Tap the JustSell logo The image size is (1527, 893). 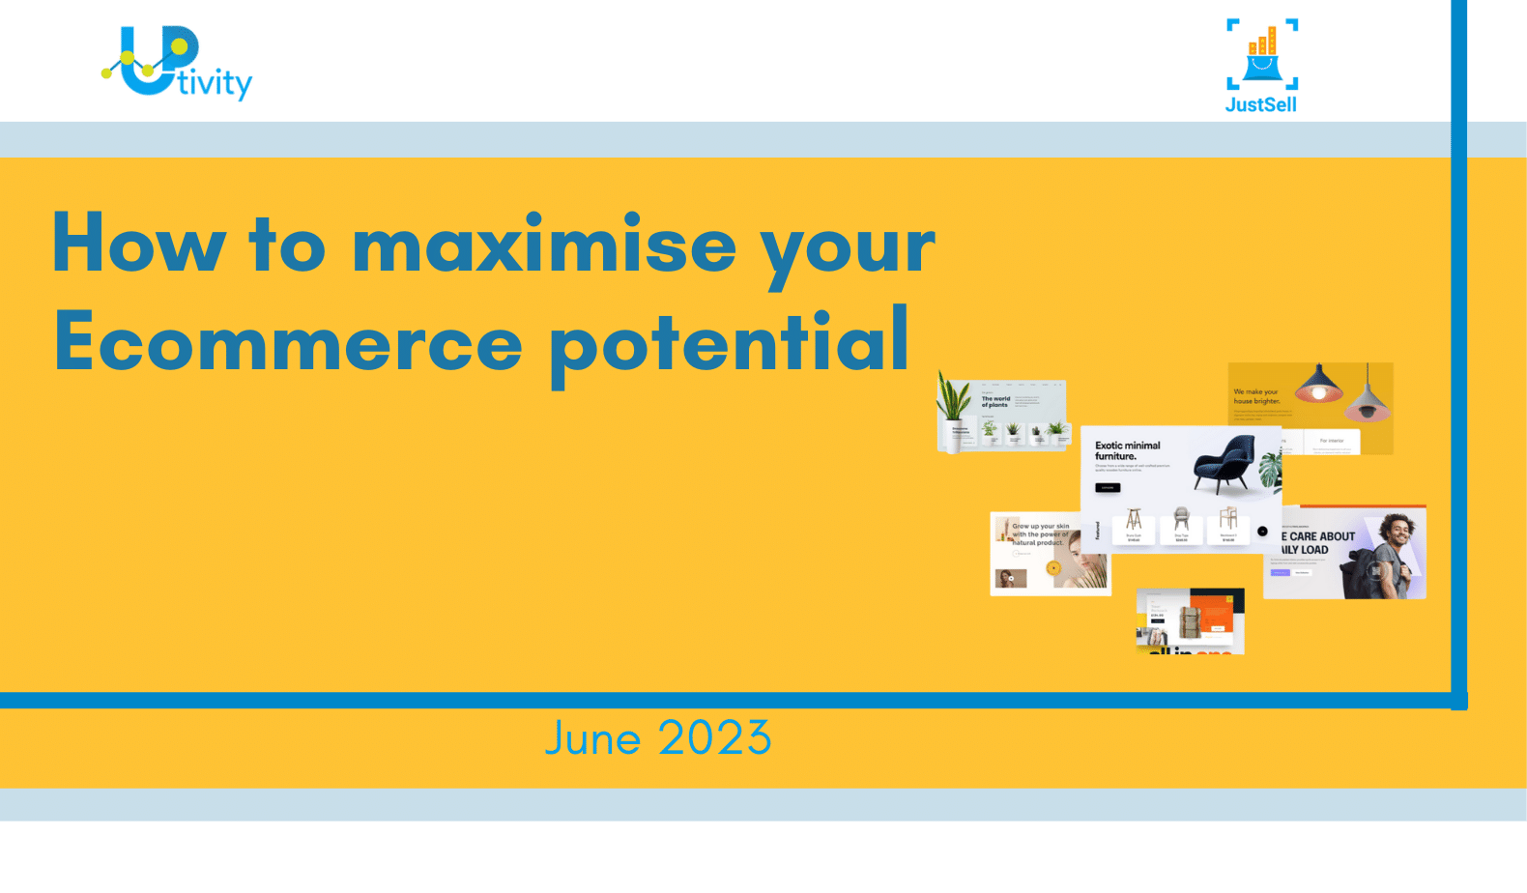(x=1261, y=66)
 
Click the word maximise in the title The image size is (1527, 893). (x=544, y=245)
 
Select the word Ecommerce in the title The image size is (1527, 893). (x=288, y=344)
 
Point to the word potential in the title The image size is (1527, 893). (x=730, y=344)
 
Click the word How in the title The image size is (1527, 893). (x=139, y=244)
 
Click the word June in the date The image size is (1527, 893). (x=592, y=739)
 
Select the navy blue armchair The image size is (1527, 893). (x=1224, y=464)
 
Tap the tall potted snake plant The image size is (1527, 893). (x=954, y=411)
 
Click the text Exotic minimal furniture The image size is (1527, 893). (x=1127, y=450)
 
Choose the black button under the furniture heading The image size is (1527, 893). (x=1108, y=488)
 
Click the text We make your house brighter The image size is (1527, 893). (x=1255, y=396)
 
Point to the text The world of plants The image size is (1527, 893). (x=995, y=401)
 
